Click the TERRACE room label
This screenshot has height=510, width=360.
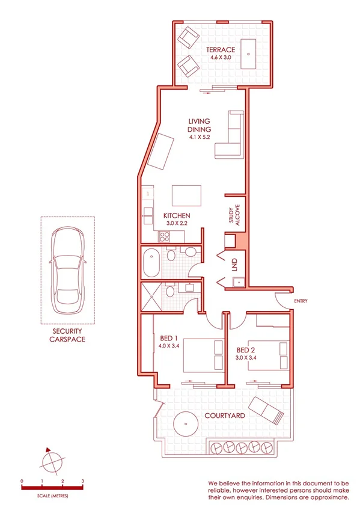tap(221, 49)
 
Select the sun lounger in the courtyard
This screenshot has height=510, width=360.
tap(266, 412)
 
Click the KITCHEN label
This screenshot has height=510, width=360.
tap(177, 215)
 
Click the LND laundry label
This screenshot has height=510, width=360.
tap(234, 265)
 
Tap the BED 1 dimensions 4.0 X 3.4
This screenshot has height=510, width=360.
tap(170, 346)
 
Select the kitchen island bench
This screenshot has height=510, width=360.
tap(186, 196)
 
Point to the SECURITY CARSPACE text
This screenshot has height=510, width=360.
tap(67, 335)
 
